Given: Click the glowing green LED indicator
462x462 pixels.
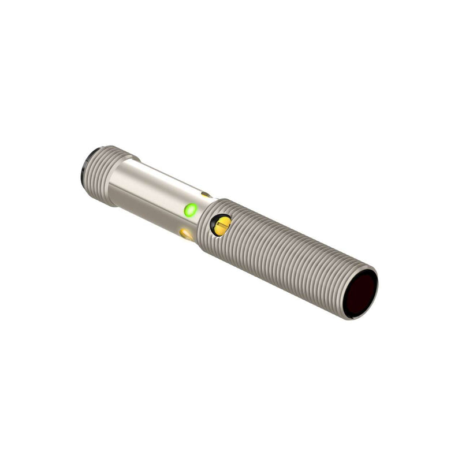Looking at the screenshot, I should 189,210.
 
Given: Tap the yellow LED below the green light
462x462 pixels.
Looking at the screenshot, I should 187,234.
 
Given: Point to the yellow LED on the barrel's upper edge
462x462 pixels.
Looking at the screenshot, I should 206,195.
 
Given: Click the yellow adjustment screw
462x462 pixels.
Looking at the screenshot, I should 221,225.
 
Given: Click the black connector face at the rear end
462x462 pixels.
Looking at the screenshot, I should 88,167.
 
